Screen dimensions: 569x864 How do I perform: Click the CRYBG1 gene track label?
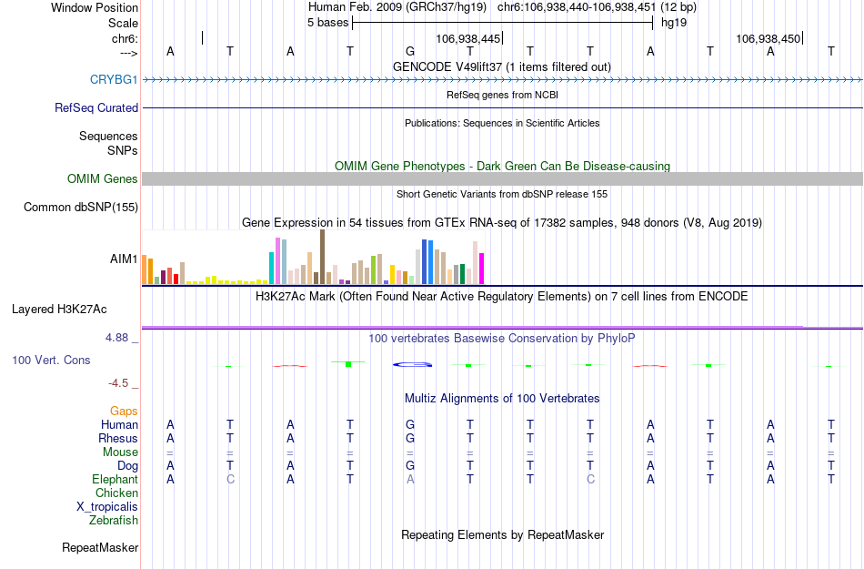tap(114, 79)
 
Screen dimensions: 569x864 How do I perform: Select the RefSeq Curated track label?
tap(96, 107)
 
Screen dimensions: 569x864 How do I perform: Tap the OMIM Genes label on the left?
tap(102, 179)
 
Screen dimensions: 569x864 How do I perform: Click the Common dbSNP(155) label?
tap(80, 208)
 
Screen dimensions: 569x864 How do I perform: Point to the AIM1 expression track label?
tap(124, 259)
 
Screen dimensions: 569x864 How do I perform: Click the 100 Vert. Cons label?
tap(51, 360)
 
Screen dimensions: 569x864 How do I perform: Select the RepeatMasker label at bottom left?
tap(100, 548)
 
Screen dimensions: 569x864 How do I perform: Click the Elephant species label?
tap(115, 479)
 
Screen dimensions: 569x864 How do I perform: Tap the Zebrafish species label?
tap(114, 521)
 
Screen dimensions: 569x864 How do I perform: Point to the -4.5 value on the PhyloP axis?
tap(123, 383)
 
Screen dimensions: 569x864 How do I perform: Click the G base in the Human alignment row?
tap(410, 424)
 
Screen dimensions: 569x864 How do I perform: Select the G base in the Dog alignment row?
tap(410, 465)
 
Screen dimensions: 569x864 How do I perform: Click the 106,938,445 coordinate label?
tap(467, 39)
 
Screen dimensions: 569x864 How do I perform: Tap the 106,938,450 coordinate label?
tap(769, 39)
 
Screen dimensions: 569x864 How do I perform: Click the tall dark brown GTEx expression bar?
tap(322, 257)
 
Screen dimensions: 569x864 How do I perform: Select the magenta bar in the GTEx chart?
tap(482, 268)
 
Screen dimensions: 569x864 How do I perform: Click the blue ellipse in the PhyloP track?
tap(411, 365)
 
